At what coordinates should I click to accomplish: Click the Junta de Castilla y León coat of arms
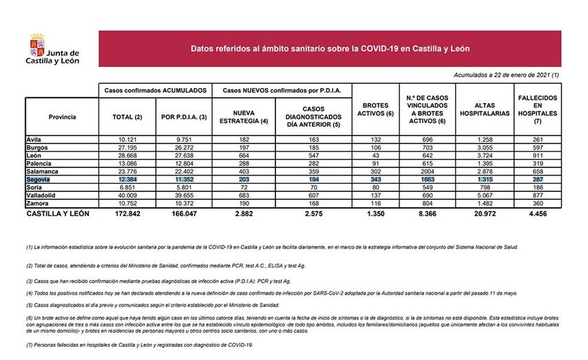[x=36, y=47]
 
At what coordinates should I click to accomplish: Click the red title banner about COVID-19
[x=330, y=49]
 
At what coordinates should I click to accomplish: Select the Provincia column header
[x=62, y=117]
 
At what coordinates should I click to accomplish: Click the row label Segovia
[x=39, y=179]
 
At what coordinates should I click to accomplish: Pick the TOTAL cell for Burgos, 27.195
[x=127, y=147]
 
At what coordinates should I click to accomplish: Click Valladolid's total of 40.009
[x=127, y=196]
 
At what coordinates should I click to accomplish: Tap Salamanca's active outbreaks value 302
[x=375, y=171]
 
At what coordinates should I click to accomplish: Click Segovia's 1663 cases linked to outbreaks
[x=428, y=179]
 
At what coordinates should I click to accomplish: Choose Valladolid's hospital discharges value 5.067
[x=485, y=196]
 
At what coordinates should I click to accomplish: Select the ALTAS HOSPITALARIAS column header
[x=485, y=109]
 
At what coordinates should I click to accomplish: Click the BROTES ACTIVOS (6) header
[x=375, y=109]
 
